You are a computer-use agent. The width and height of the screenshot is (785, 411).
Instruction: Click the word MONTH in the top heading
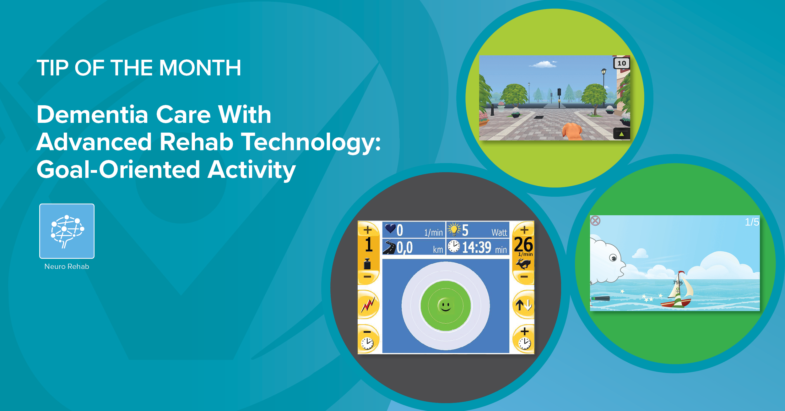coord(200,68)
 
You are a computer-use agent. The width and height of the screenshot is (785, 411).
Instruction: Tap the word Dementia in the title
coord(92,115)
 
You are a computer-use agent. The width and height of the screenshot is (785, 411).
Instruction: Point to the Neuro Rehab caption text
coord(67,266)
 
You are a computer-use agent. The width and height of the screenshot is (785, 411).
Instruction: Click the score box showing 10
coord(621,63)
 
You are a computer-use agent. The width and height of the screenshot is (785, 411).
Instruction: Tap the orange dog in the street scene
coord(572,131)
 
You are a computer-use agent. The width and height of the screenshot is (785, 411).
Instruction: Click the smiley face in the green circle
coord(445,305)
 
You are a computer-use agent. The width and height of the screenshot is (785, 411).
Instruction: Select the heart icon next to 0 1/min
coord(390,228)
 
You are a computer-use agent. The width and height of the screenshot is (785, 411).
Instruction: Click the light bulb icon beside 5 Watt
coord(454,229)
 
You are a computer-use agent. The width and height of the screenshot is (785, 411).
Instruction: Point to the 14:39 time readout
coord(477,248)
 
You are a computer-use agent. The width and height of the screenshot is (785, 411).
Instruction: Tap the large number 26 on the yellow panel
coord(523,244)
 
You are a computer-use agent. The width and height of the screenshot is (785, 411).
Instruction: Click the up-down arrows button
coord(523,305)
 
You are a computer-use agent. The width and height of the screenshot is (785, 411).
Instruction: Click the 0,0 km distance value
coord(405,248)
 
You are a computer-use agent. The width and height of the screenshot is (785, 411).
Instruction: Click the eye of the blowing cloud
coord(613,258)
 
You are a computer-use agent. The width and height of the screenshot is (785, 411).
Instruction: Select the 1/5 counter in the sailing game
coord(752,222)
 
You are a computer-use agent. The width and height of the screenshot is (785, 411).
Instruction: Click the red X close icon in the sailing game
coord(595,221)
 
